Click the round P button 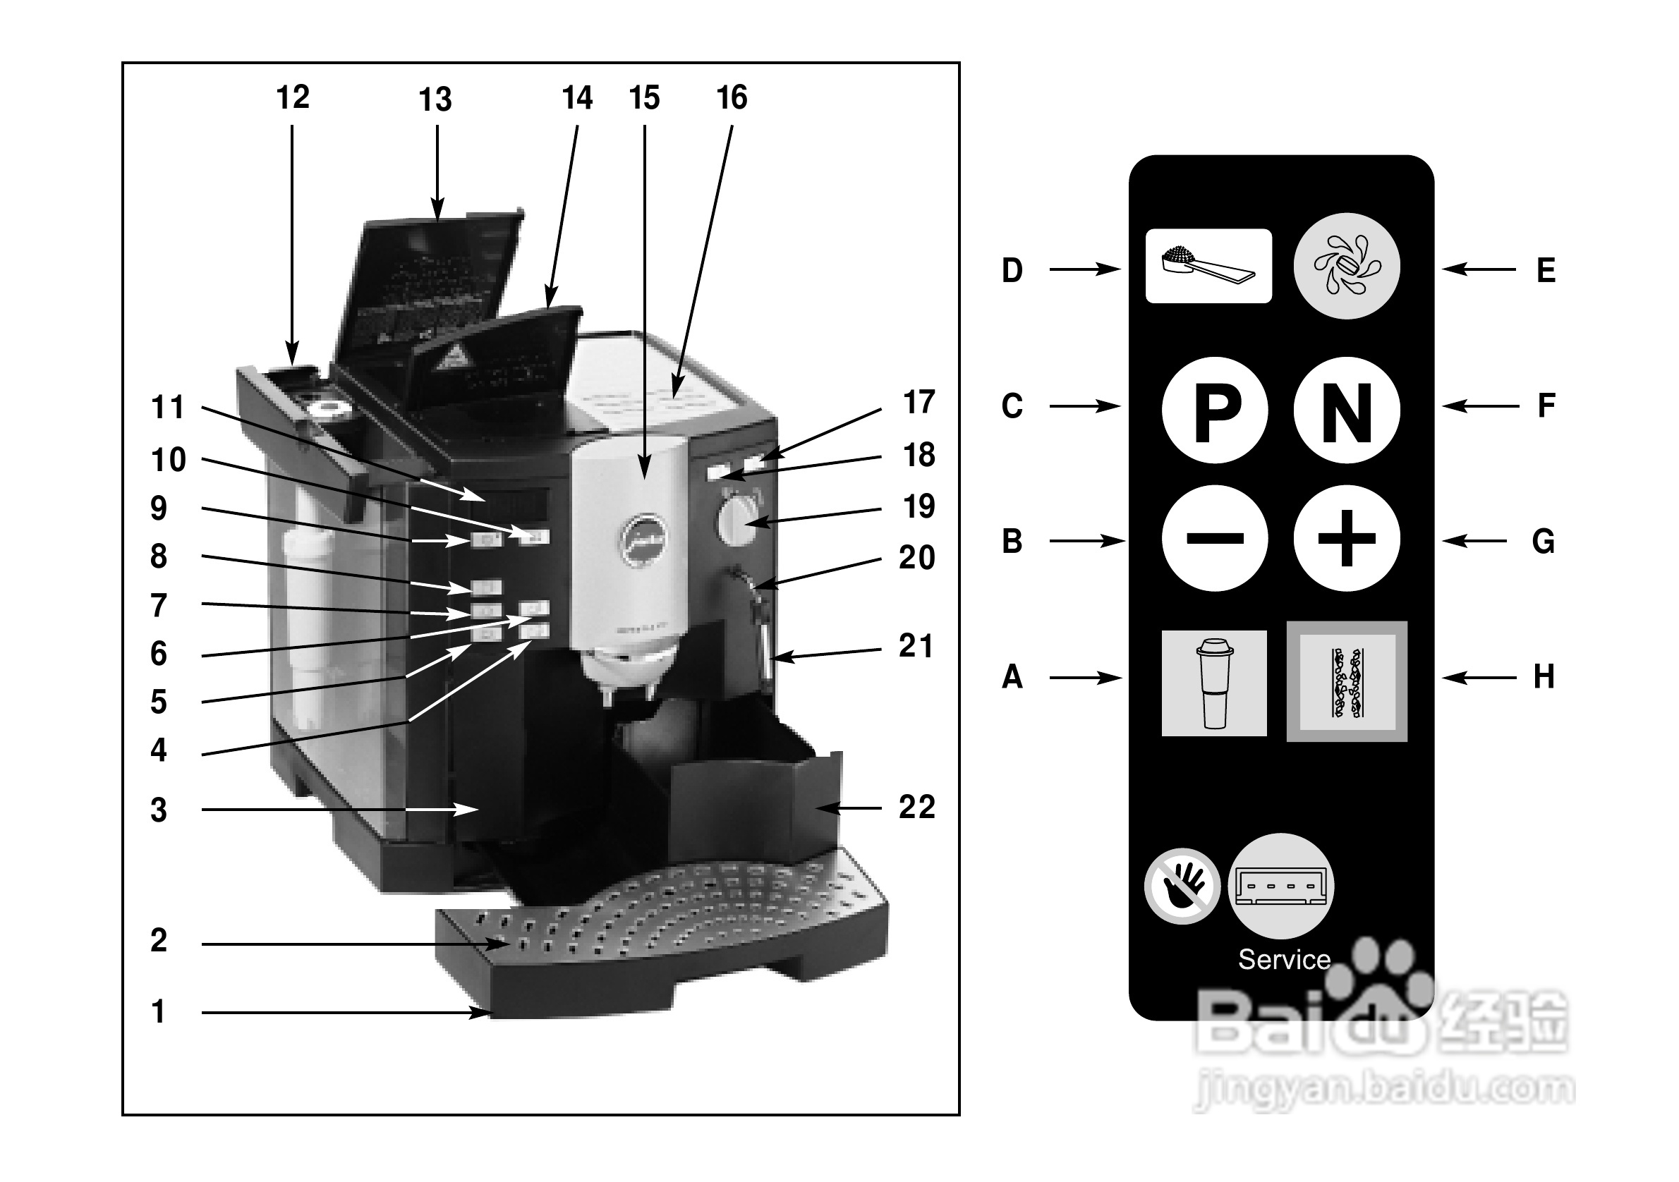[x=1215, y=410]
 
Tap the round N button [x=1346, y=410]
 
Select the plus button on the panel [x=1346, y=539]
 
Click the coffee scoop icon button [x=1208, y=266]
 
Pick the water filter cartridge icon [x=1214, y=683]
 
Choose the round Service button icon [x=1281, y=886]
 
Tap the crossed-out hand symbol [x=1182, y=886]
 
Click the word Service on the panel [x=1284, y=959]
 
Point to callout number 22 [x=916, y=808]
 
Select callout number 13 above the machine [x=435, y=99]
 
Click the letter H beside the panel [x=1544, y=678]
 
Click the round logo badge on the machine [x=643, y=540]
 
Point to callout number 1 [x=158, y=1011]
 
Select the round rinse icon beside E [x=1346, y=266]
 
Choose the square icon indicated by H [x=1346, y=682]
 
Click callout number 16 [x=732, y=98]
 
